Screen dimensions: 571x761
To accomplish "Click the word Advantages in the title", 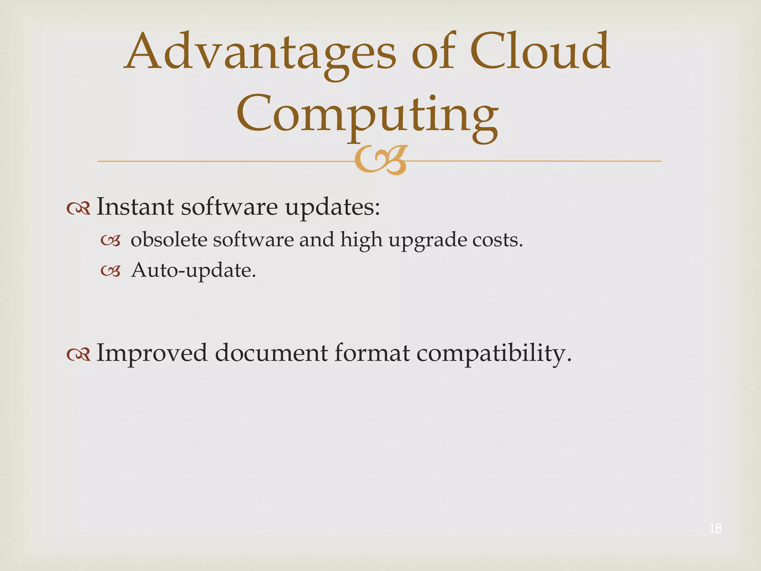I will pyautogui.click(x=260, y=52).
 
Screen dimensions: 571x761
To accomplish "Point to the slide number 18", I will pyautogui.click(x=715, y=528).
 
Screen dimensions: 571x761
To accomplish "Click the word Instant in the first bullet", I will pyautogui.click(x=135, y=207).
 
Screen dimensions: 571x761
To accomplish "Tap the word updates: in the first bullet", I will pyautogui.click(x=333, y=207).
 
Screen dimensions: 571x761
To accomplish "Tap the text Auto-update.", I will pyautogui.click(x=194, y=270).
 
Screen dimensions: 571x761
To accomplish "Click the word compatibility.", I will pyautogui.click(x=494, y=353).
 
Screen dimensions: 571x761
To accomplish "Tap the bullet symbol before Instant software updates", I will pyautogui.click(x=78, y=209).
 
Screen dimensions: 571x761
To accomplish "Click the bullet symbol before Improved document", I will pyautogui.click(x=78, y=355).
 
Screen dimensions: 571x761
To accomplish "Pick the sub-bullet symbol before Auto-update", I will pyautogui.click(x=111, y=272).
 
